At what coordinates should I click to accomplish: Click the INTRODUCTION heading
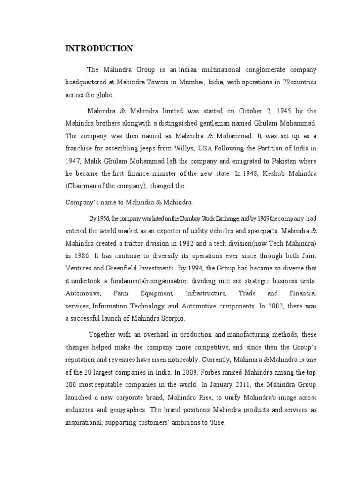[99, 49]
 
